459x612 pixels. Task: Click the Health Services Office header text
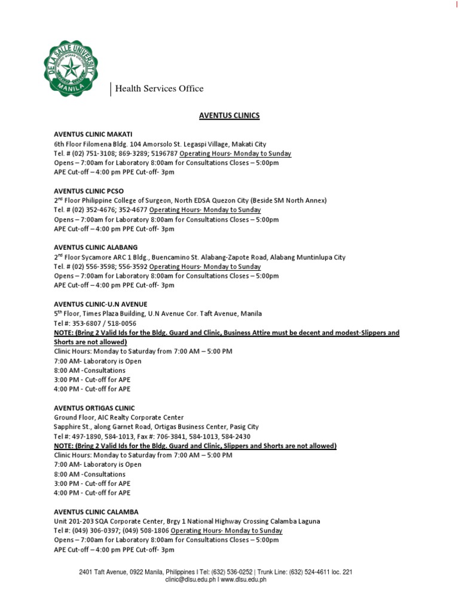159,89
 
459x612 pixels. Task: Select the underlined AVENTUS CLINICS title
229,115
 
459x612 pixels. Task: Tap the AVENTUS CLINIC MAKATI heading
93,134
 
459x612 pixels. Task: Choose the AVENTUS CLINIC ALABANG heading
96,247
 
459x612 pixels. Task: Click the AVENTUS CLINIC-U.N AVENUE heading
100,304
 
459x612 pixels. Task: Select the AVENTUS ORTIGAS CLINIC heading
94,408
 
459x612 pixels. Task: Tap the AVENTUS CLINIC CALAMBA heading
96,512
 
